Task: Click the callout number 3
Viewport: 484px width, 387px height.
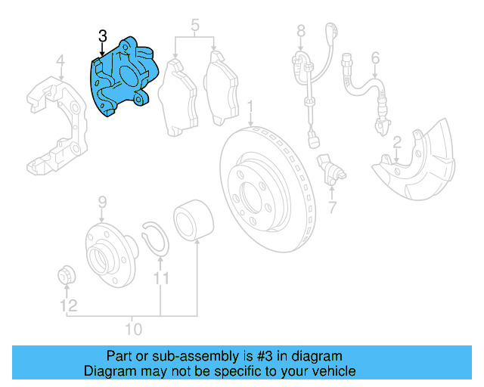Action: click(103, 36)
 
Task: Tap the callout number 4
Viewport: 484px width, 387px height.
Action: click(60, 61)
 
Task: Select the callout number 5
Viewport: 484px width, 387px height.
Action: click(194, 26)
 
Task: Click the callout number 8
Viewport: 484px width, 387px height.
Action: click(300, 31)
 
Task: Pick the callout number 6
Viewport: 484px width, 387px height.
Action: click(374, 57)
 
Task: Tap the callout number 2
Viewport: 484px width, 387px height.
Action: click(396, 142)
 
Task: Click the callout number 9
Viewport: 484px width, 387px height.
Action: click(102, 203)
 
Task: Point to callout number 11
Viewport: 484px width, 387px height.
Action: click(160, 280)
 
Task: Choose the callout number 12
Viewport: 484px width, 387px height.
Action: click(69, 306)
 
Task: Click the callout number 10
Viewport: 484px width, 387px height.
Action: click(133, 329)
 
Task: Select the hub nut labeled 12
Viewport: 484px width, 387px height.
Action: click(67, 276)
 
